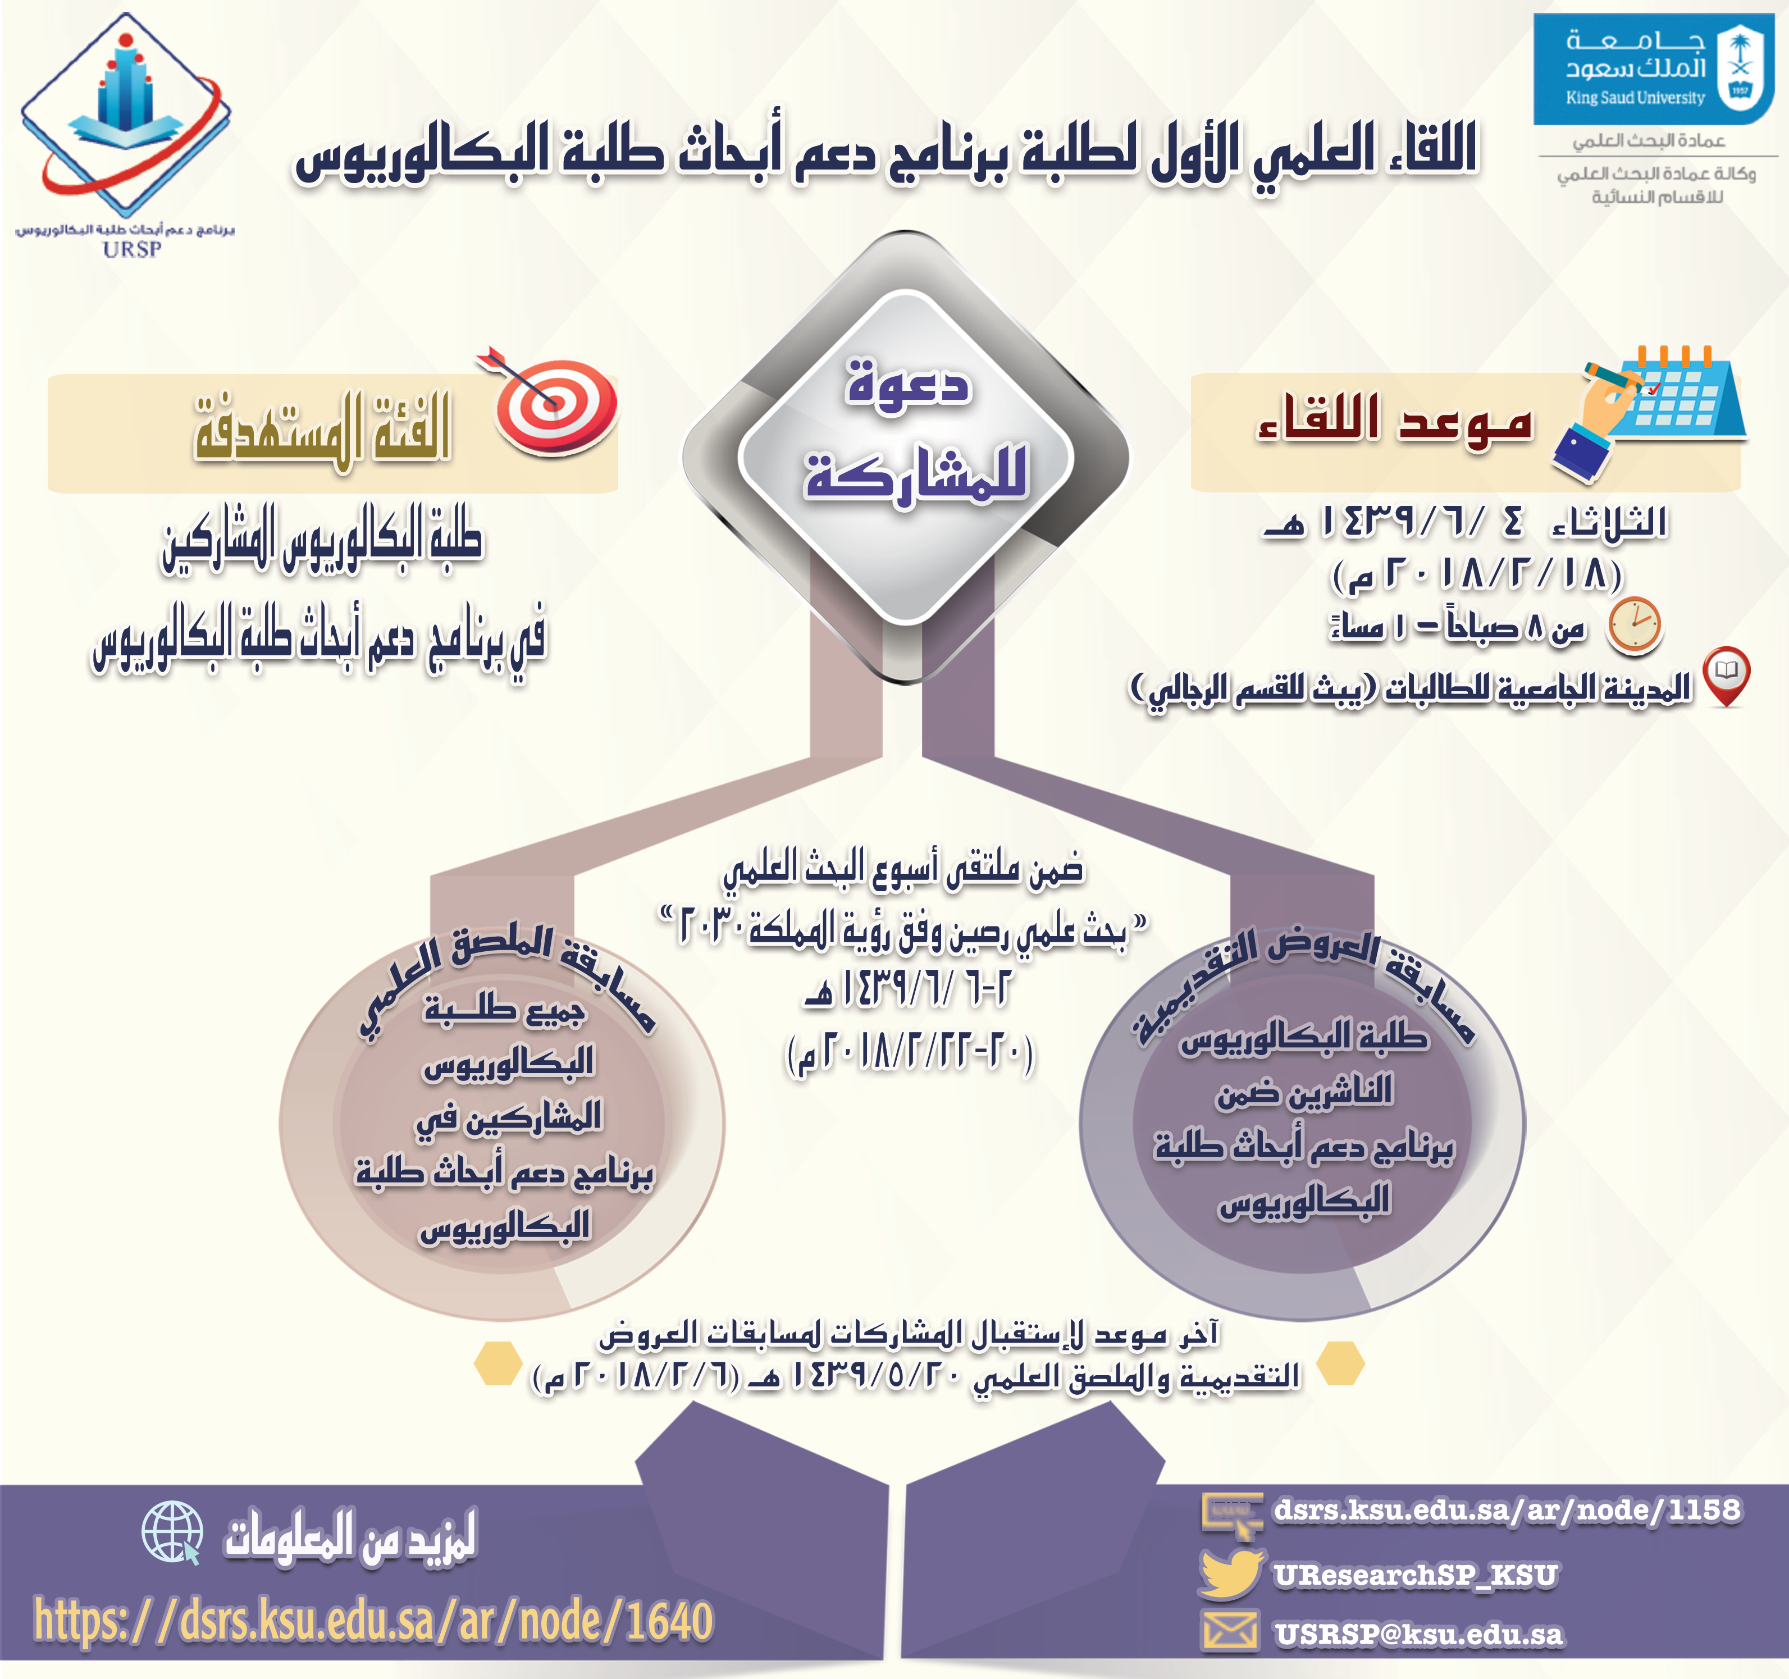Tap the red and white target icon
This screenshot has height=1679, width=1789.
click(551, 400)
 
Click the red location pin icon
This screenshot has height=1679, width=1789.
click(1726, 676)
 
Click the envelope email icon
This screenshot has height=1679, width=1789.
click(1230, 1632)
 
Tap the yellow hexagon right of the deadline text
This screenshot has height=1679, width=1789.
click(1340, 1363)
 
